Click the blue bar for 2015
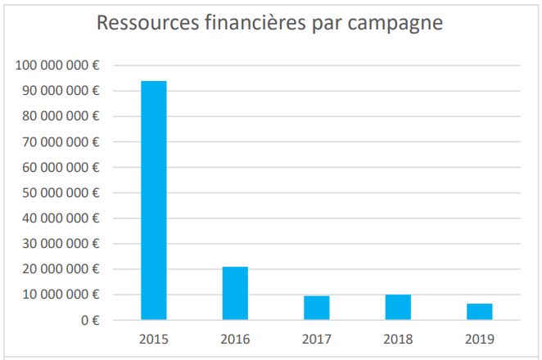tap(154, 200)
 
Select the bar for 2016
tap(235, 293)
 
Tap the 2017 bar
tap(316, 308)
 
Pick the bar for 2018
tap(398, 307)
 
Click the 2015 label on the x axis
tap(154, 339)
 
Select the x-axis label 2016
tap(235, 339)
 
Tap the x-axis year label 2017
tap(316, 339)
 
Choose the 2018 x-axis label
tap(398, 339)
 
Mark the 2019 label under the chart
tap(479, 339)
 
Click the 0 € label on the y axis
tap(89, 321)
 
